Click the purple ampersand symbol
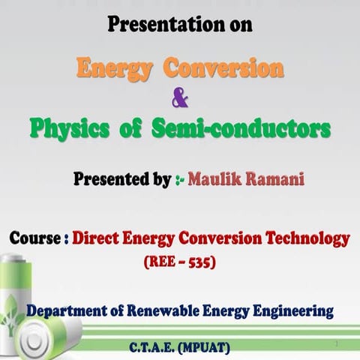tap(180, 97)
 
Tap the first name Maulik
tap(214, 180)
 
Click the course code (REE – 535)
tap(179, 263)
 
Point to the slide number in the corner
tap(338, 343)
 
